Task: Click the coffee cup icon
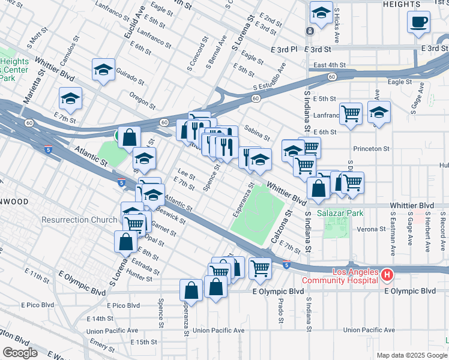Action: coord(418,22)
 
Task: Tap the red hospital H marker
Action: coord(387,276)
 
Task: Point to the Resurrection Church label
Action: coord(80,220)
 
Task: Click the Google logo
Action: coord(19,353)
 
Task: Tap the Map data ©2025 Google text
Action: coord(411,355)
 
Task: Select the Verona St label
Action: coord(370,229)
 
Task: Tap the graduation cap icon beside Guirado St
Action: coord(103,70)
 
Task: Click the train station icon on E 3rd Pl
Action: coord(309,31)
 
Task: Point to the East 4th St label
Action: coord(330,65)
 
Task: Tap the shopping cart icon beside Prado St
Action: coord(260,268)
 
